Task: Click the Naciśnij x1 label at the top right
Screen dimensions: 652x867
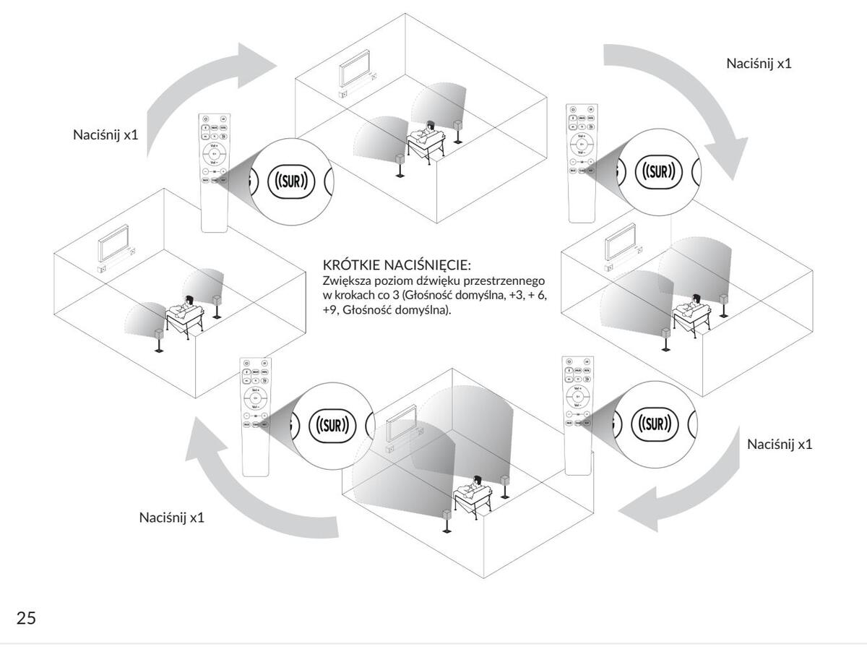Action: (759, 63)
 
